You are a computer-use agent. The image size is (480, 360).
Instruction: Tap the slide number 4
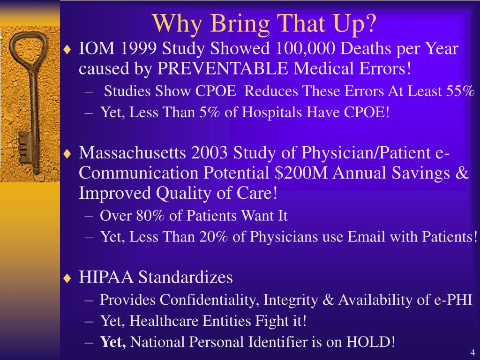(x=472, y=352)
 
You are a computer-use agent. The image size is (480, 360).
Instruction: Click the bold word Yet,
(x=113, y=342)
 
